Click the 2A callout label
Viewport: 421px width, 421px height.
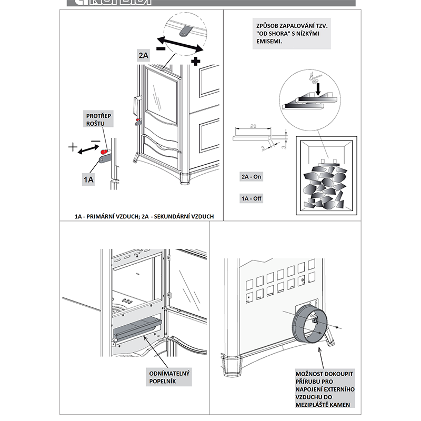click(x=144, y=55)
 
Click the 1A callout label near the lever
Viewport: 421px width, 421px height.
click(x=88, y=179)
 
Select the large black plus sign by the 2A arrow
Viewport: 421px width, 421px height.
click(x=196, y=62)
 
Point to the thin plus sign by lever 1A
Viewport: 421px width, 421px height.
click(x=73, y=147)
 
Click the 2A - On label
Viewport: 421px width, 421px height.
click(x=251, y=177)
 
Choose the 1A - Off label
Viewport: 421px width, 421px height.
click(x=251, y=198)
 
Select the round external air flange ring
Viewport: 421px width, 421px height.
click(x=310, y=326)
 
